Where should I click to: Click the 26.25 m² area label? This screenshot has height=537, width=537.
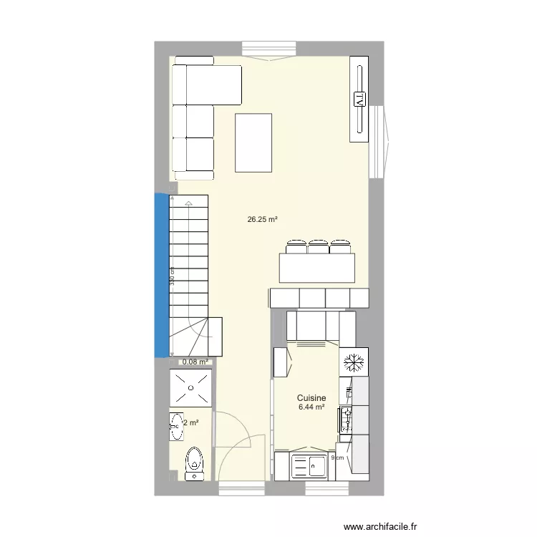pos(262,221)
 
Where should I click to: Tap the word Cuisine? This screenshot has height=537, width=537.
pos(312,398)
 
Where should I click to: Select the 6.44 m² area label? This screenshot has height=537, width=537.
pos(312,407)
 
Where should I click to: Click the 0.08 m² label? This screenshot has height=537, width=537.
pos(195,362)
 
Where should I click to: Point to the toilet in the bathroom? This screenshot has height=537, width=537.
pos(193,463)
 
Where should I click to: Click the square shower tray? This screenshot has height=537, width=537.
pos(191,390)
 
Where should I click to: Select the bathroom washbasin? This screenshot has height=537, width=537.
pos(176,427)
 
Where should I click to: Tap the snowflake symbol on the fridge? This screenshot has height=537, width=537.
pos(353,362)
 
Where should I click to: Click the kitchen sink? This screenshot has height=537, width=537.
pos(308,466)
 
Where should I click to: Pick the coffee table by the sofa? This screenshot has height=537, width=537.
pos(253,142)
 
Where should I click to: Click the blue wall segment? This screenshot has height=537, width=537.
pos(162,275)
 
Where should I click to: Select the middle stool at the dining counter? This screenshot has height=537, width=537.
pos(318,248)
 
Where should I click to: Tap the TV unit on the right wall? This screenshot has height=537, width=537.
pos(359,100)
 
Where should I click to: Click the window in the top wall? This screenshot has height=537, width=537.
pos(268,49)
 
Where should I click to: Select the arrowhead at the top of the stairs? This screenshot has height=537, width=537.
pos(188,205)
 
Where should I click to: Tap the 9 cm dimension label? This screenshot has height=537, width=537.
pos(337,458)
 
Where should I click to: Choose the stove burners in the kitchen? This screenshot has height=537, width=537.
pos(347,419)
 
